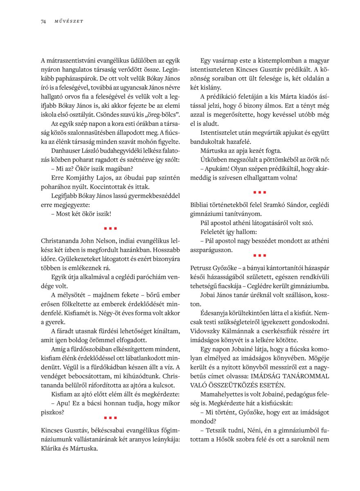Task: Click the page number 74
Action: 43,21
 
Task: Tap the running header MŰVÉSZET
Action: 69,21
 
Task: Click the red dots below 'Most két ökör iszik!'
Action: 110,228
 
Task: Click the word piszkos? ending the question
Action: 52,412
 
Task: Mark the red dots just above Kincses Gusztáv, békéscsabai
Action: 110,417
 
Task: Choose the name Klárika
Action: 52,448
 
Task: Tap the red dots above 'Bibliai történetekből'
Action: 259,191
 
